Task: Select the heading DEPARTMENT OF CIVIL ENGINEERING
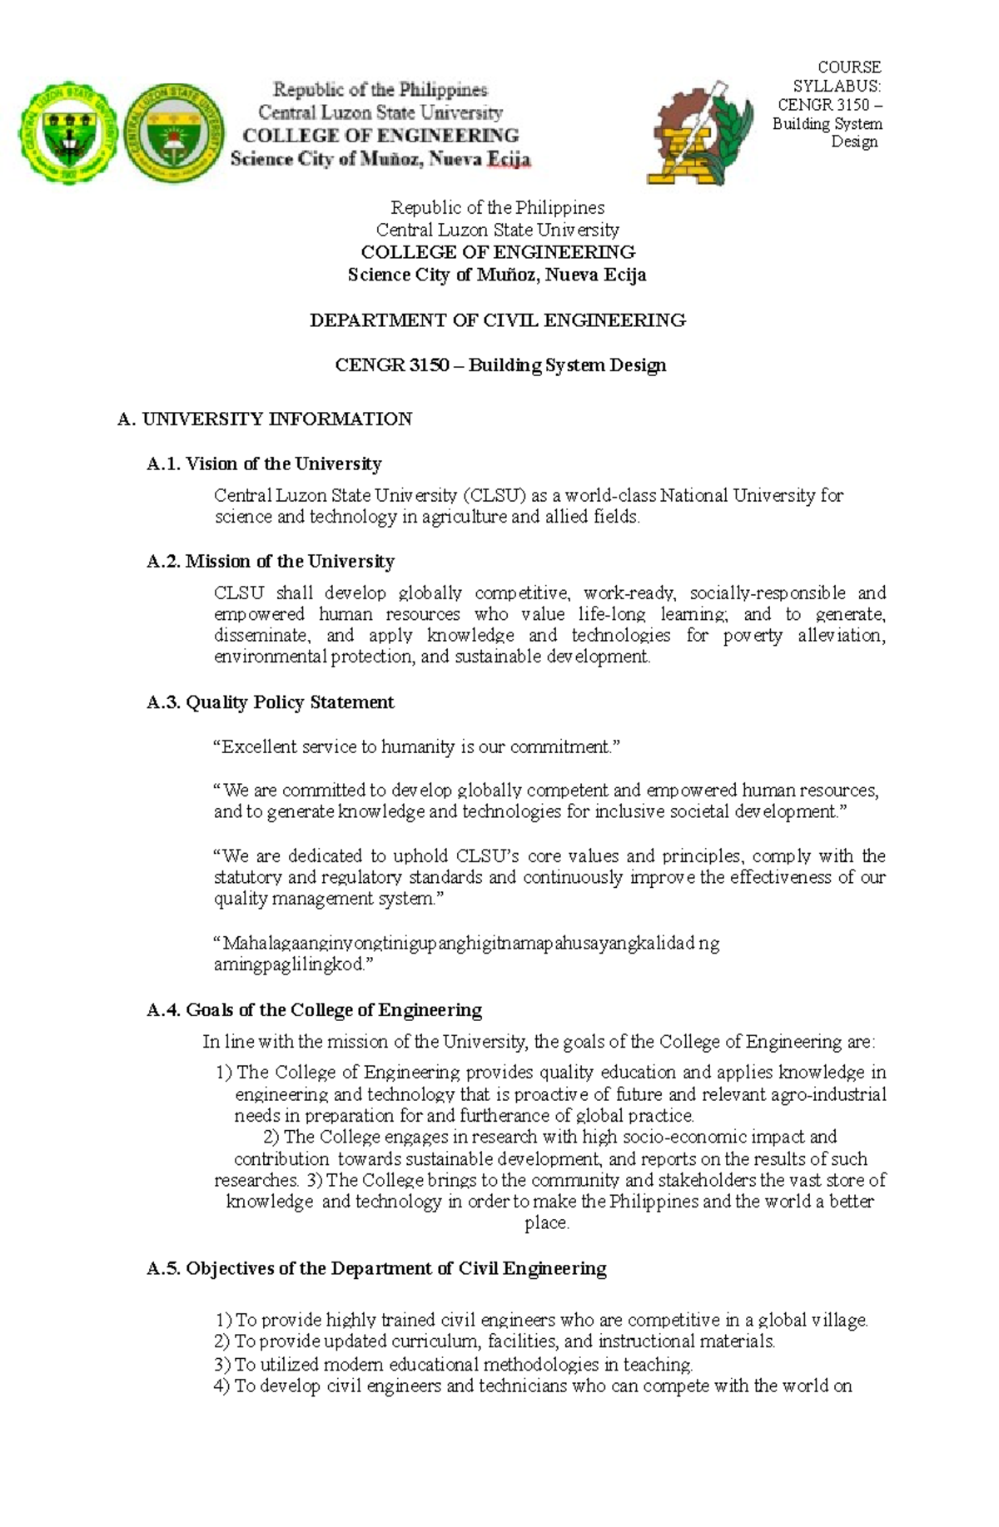pyautogui.click(x=497, y=320)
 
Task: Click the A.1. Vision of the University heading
pyautogui.click(x=264, y=464)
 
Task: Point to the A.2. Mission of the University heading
pyautogui.click(x=271, y=561)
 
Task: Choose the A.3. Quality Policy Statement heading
pyautogui.click(x=270, y=702)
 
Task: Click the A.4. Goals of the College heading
pyautogui.click(x=314, y=1010)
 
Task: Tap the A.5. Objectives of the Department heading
pyautogui.click(x=376, y=1268)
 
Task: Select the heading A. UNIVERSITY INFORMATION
pyautogui.click(x=266, y=419)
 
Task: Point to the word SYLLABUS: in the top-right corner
pyautogui.click(x=836, y=86)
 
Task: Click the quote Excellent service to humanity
pyautogui.click(x=417, y=747)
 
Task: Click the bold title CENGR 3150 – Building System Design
pyautogui.click(x=500, y=365)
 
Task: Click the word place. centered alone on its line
pyautogui.click(x=547, y=1223)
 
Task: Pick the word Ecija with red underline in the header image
pyautogui.click(x=508, y=160)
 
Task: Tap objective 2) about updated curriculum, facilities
pyautogui.click(x=495, y=1341)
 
